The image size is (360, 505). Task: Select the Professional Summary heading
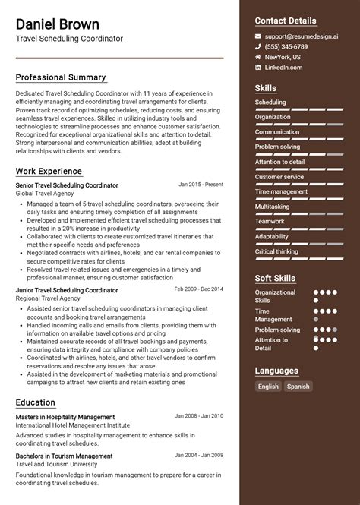61,77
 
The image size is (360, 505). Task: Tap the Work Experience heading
49,172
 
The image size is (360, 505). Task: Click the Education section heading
36,402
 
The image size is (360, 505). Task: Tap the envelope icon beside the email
258,36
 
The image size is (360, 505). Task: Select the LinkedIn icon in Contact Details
258,68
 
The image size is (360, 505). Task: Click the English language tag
268,387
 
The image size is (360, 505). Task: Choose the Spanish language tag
298,387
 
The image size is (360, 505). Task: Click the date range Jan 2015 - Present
201,184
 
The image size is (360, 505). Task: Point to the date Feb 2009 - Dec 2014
198,289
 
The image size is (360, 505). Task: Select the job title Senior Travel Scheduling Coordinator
67,185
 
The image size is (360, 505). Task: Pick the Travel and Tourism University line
56,465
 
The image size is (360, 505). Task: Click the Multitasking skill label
272,207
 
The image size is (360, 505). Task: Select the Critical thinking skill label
276,251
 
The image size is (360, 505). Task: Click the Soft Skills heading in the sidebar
275,278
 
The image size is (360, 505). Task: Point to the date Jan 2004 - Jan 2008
199,455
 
